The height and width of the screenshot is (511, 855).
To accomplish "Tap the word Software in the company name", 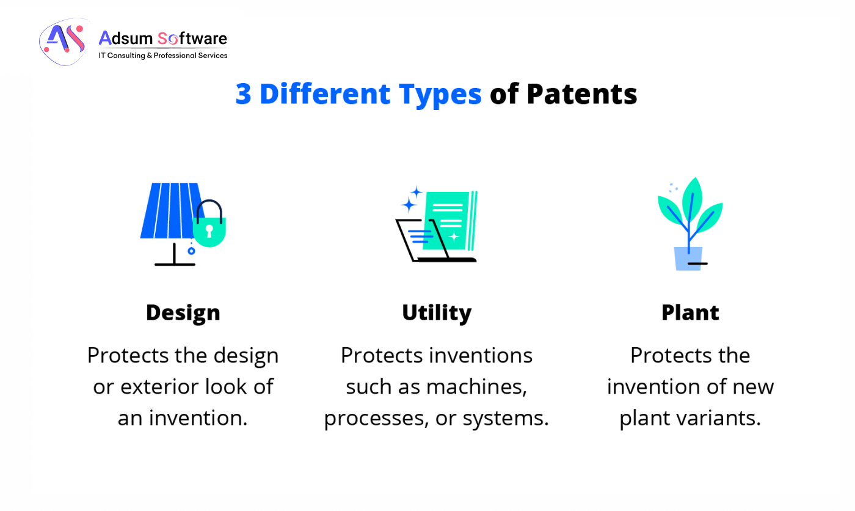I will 192,39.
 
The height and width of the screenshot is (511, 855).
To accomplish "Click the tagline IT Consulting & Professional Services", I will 163,56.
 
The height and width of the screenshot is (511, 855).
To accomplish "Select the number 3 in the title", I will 243,95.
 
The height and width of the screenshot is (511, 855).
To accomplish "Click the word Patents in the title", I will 581,95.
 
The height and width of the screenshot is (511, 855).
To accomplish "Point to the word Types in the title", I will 440,95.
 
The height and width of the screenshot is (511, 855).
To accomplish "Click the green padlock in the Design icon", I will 209,230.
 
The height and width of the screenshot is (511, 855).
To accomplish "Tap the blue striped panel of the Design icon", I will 168,211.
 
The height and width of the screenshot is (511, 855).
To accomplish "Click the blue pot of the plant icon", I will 688,258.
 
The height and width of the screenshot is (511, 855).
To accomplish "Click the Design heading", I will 183,312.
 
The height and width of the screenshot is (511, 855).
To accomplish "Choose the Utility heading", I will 437,312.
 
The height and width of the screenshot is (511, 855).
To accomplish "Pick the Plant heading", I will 690,312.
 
